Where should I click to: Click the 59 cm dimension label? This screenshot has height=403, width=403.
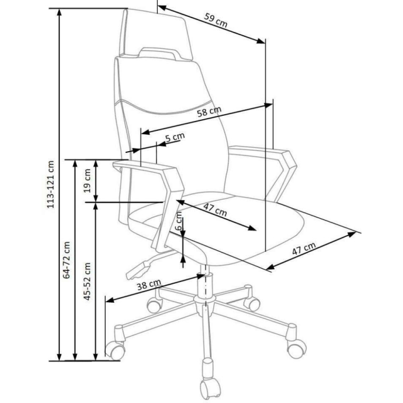[x=216, y=20]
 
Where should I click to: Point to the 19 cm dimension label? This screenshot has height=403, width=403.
[x=87, y=181]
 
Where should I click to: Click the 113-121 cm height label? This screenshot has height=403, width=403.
[x=50, y=184]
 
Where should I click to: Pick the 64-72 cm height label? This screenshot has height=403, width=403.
[x=67, y=260]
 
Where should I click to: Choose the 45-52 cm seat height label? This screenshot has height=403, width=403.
[x=87, y=281]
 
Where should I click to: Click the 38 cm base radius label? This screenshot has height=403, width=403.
[x=149, y=285]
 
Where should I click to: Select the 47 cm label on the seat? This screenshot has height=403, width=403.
[x=215, y=210]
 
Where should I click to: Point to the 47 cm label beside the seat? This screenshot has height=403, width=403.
[x=304, y=249]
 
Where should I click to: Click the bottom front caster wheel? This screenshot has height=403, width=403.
[x=210, y=388]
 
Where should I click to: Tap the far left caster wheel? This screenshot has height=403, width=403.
[x=115, y=350]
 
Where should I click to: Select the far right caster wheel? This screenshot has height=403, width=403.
[x=297, y=349]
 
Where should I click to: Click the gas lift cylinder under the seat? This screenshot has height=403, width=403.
[x=205, y=284]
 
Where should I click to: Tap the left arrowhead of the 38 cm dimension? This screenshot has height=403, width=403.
[x=110, y=299]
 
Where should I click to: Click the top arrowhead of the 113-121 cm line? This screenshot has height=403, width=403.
[x=59, y=12]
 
